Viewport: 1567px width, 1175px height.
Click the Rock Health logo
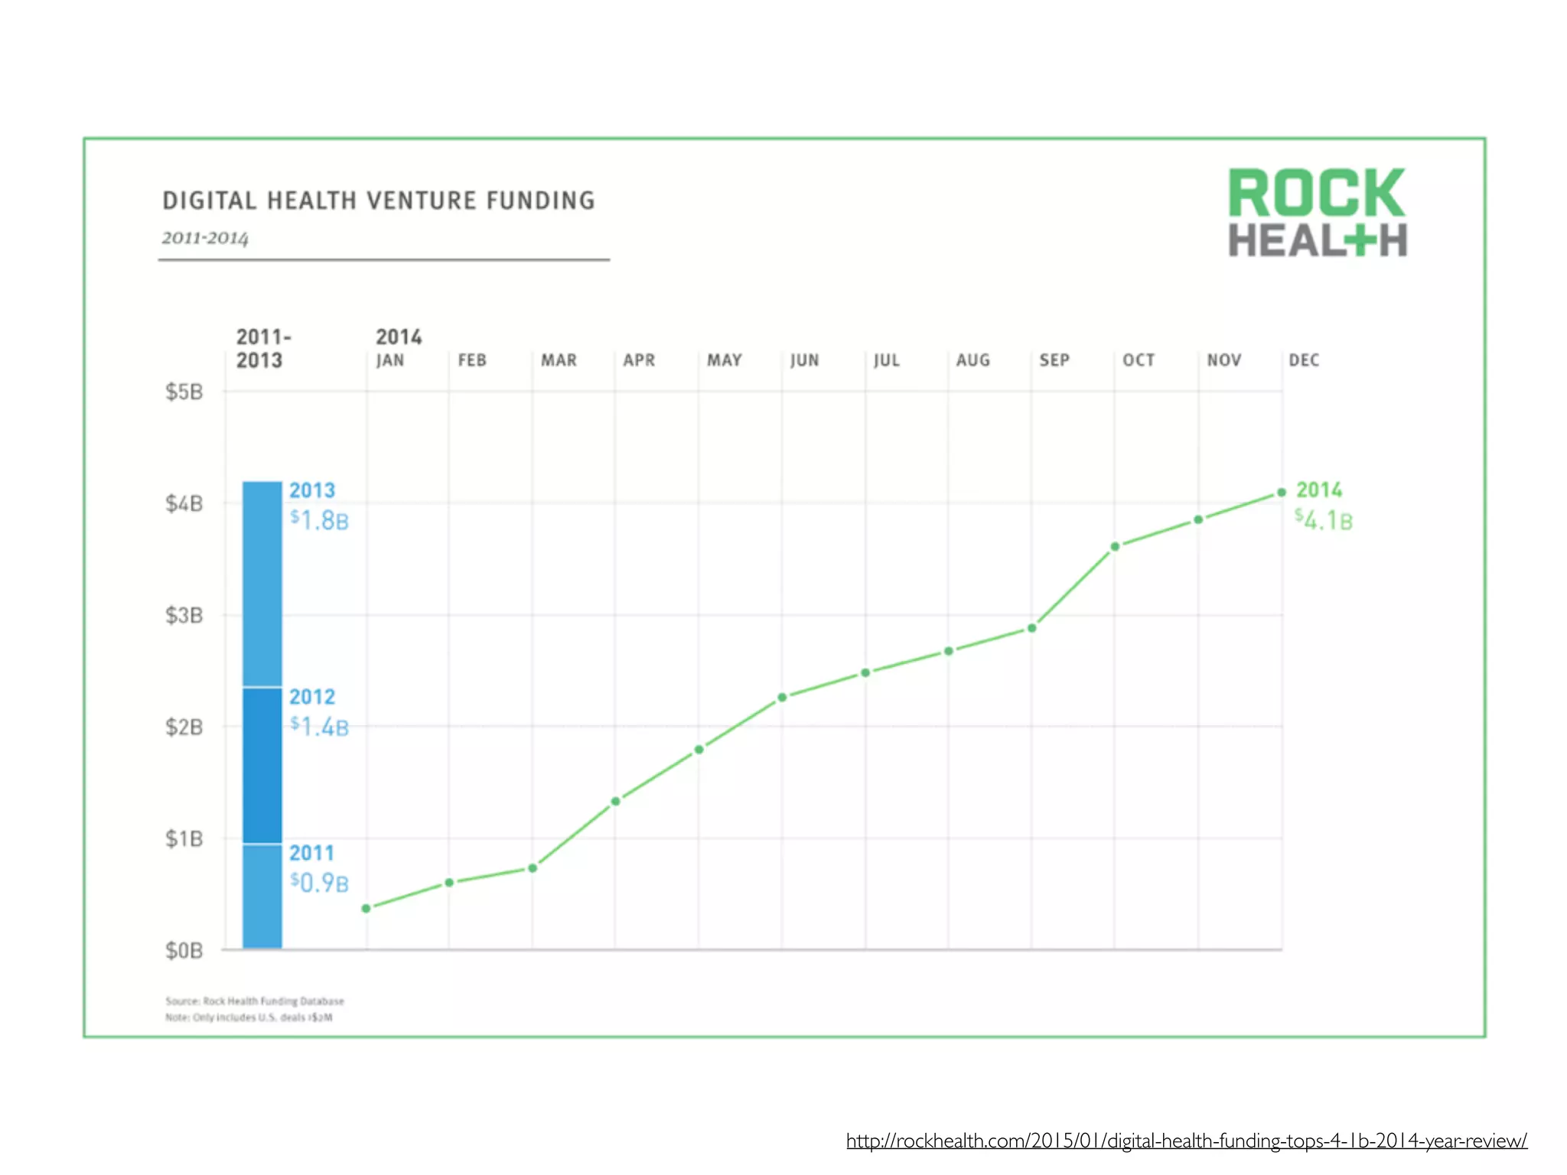tap(1317, 213)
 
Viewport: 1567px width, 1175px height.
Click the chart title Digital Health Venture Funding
tap(379, 200)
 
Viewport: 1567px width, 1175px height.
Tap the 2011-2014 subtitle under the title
tap(205, 238)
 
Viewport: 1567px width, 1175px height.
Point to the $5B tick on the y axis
tap(184, 392)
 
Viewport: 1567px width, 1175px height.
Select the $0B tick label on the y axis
tap(184, 950)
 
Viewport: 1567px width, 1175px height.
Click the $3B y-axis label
tap(184, 615)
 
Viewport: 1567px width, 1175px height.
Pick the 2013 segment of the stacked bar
tap(262, 583)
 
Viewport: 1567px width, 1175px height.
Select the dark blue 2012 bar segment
tap(262, 765)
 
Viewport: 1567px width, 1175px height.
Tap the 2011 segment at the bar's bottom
tap(262, 896)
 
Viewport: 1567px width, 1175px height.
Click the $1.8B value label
tap(319, 521)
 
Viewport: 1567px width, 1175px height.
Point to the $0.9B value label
tap(319, 884)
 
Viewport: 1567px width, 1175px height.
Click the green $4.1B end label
tap(1324, 521)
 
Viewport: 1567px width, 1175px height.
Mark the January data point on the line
tap(367, 908)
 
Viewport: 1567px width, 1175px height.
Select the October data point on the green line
tap(1115, 546)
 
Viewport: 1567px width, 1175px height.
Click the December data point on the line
tap(1282, 493)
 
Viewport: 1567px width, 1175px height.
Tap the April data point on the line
tap(615, 801)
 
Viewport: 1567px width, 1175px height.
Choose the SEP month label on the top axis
tap(1054, 360)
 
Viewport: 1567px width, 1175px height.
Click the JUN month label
tap(804, 360)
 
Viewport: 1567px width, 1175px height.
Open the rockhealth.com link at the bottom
tap(1186, 1141)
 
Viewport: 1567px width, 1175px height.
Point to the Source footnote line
tap(255, 1001)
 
